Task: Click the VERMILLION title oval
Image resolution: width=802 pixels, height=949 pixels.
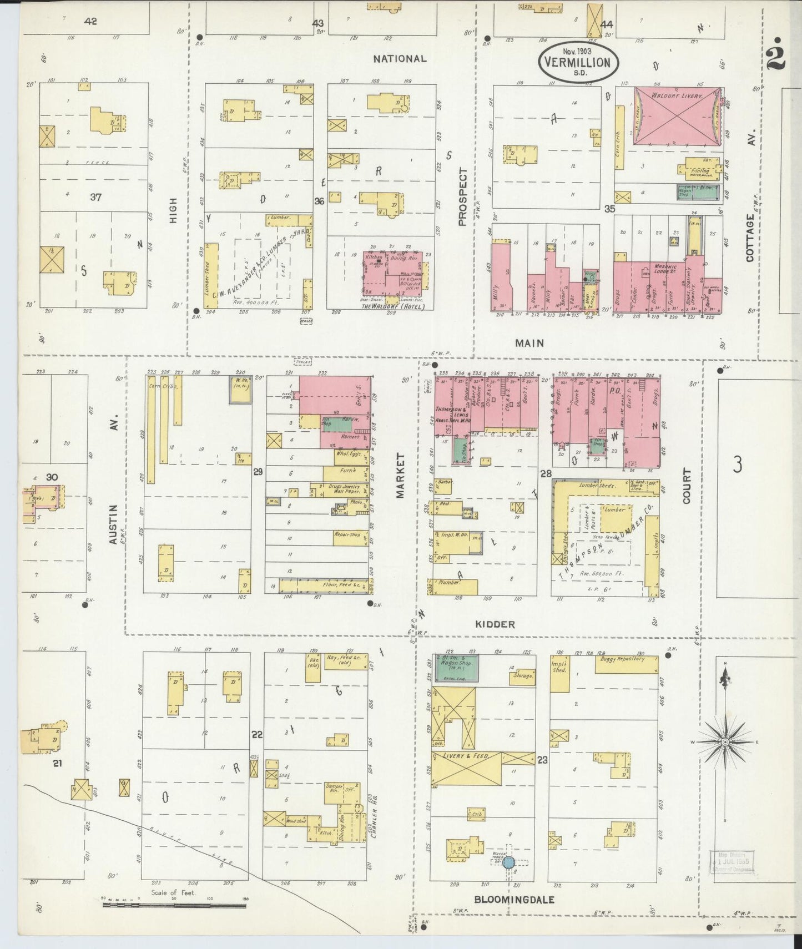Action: click(x=577, y=63)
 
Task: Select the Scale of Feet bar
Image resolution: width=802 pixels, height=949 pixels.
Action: click(x=174, y=905)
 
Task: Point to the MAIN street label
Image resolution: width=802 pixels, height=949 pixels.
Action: click(x=529, y=344)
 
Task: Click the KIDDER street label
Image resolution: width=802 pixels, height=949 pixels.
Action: click(x=495, y=624)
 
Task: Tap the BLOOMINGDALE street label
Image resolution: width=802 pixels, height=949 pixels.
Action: click(x=515, y=900)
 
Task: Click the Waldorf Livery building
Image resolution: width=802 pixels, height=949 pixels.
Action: click(x=677, y=117)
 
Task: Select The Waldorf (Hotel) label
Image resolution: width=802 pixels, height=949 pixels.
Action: click(x=393, y=306)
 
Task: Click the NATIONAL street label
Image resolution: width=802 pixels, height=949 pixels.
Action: click(x=400, y=58)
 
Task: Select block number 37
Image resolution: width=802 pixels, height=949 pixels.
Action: click(x=95, y=197)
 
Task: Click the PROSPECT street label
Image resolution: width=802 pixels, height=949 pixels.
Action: click(x=463, y=196)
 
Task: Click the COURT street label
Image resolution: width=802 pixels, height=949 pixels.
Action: click(x=688, y=486)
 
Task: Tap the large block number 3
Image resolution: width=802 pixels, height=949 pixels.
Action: click(x=737, y=465)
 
